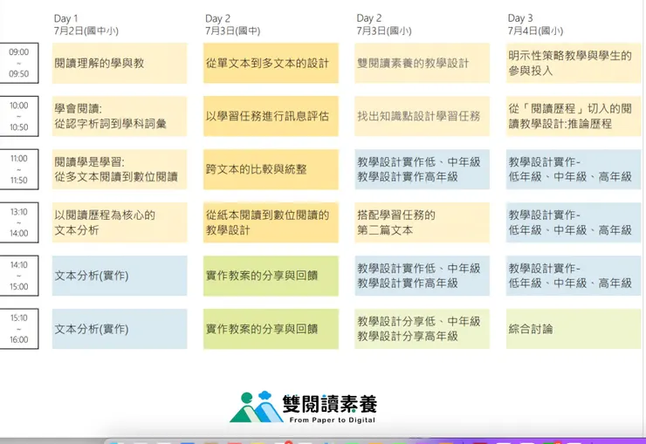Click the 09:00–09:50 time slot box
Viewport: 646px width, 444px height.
click(x=18, y=63)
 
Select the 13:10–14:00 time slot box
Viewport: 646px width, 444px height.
click(x=18, y=222)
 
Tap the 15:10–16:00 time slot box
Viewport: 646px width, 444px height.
click(x=18, y=329)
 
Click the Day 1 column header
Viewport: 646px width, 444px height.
click(x=65, y=18)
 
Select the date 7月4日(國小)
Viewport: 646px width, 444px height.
click(x=535, y=31)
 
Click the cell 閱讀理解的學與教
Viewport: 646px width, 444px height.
click(x=119, y=63)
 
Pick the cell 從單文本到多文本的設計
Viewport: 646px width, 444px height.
click(x=271, y=63)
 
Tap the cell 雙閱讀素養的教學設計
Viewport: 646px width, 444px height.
click(x=422, y=63)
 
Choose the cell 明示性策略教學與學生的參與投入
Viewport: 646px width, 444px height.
click(x=573, y=63)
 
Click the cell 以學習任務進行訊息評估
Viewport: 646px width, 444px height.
click(x=271, y=116)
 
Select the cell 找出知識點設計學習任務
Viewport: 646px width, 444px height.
click(x=422, y=116)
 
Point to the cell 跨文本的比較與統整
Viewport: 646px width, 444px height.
click(x=271, y=169)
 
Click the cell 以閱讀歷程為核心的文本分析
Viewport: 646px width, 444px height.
click(x=119, y=222)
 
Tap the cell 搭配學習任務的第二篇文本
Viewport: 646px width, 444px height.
click(x=422, y=222)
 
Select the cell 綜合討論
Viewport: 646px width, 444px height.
click(x=573, y=329)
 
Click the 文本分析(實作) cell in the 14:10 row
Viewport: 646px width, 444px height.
click(x=119, y=276)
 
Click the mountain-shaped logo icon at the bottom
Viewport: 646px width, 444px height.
click(x=255, y=407)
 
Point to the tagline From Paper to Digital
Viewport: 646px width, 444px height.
click(x=332, y=420)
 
